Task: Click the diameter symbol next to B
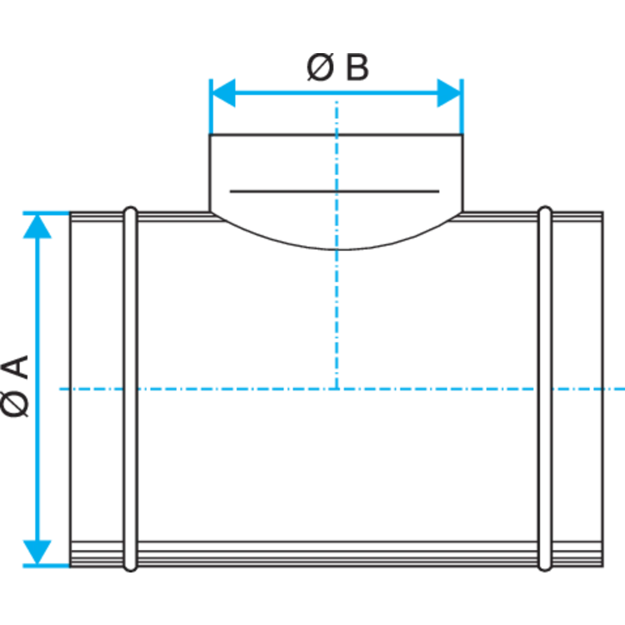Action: click(x=320, y=67)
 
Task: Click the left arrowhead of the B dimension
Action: click(x=222, y=93)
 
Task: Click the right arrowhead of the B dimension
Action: click(x=449, y=93)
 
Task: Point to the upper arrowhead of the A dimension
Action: click(x=37, y=226)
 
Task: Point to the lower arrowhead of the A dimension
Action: click(x=37, y=552)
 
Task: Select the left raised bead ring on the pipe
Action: click(x=131, y=389)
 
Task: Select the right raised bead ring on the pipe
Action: click(x=545, y=389)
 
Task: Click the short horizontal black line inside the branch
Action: click(x=334, y=192)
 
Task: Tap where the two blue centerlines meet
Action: click(x=337, y=389)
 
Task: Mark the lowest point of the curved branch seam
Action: click(x=337, y=250)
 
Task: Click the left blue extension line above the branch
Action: click(x=211, y=107)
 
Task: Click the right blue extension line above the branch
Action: click(x=462, y=107)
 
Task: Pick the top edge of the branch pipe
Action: click(x=336, y=135)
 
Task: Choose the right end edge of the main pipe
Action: click(x=602, y=389)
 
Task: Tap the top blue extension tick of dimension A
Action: click(x=46, y=214)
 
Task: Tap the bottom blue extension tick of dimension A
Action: click(x=46, y=566)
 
